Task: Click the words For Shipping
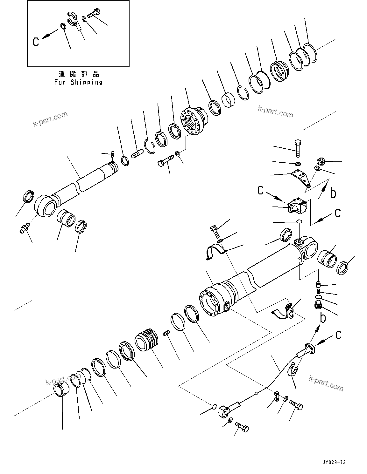[x=78, y=82]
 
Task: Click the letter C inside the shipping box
[x=36, y=42]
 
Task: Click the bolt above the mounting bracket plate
[x=298, y=148]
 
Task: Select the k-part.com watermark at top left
[x=50, y=119]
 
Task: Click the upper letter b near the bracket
[x=333, y=193]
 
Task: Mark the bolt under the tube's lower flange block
[x=242, y=427]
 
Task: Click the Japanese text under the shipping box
[x=79, y=74]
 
